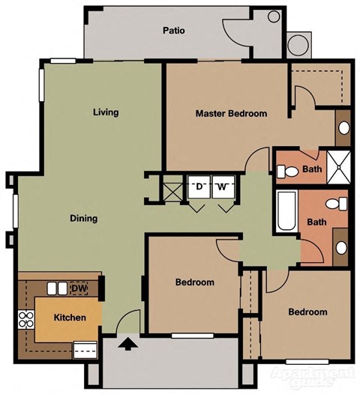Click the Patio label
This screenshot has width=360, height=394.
click(x=173, y=31)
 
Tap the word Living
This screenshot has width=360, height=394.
click(x=106, y=113)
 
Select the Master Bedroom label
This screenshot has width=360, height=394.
click(x=231, y=114)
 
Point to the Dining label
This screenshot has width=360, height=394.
click(x=83, y=219)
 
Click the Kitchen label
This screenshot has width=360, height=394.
click(x=69, y=318)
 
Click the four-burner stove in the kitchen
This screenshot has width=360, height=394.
click(x=25, y=320)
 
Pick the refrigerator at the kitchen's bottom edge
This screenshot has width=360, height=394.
click(x=84, y=347)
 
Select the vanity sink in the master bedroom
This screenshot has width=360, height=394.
click(x=343, y=127)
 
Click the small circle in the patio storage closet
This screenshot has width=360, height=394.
click(x=274, y=16)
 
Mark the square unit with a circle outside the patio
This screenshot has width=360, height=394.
click(x=298, y=44)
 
